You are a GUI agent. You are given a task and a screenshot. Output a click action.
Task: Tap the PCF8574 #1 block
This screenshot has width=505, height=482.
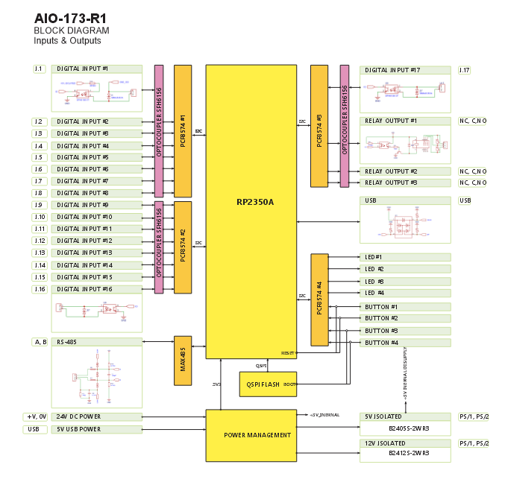coord(183,131)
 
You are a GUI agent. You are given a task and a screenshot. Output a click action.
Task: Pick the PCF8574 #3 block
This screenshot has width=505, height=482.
coord(319,126)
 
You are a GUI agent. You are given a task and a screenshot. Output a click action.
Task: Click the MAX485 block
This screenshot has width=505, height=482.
coord(183,360)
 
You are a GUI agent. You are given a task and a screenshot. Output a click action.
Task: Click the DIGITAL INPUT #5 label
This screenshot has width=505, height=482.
coord(84,157)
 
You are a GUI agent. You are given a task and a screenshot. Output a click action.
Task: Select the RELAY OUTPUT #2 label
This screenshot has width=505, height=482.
coord(390,171)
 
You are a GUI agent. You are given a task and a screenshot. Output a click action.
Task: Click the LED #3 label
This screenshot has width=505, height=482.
coord(374,282)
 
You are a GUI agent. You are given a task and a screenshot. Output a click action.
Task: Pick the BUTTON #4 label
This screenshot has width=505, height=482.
coord(381,343)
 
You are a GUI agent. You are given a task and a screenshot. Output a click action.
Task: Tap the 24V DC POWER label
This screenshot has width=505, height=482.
coord(79,417)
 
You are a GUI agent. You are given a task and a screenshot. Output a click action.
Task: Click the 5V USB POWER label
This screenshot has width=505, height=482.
coord(79,429)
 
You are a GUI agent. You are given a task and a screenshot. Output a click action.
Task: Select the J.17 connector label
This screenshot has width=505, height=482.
coord(465,70)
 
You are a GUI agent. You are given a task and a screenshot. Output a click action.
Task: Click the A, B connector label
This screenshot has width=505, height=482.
coord(40,342)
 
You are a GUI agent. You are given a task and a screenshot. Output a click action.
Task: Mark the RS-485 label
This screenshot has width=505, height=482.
coord(69,343)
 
